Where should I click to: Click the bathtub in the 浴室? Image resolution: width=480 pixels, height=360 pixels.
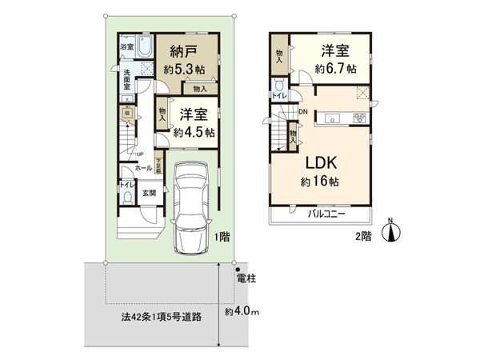click(x=146, y=47)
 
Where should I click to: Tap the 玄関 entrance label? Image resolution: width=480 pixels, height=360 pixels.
click(x=150, y=192)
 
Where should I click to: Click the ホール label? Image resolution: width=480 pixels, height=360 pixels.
click(x=143, y=169)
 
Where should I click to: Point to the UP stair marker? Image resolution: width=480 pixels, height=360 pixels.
click(x=140, y=154)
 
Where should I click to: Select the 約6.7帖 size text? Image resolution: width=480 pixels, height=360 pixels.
click(x=334, y=69)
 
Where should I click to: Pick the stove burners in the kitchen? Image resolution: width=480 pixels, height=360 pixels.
click(x=358, y=119)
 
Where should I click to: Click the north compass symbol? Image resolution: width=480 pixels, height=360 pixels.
click(x=391, y=232)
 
